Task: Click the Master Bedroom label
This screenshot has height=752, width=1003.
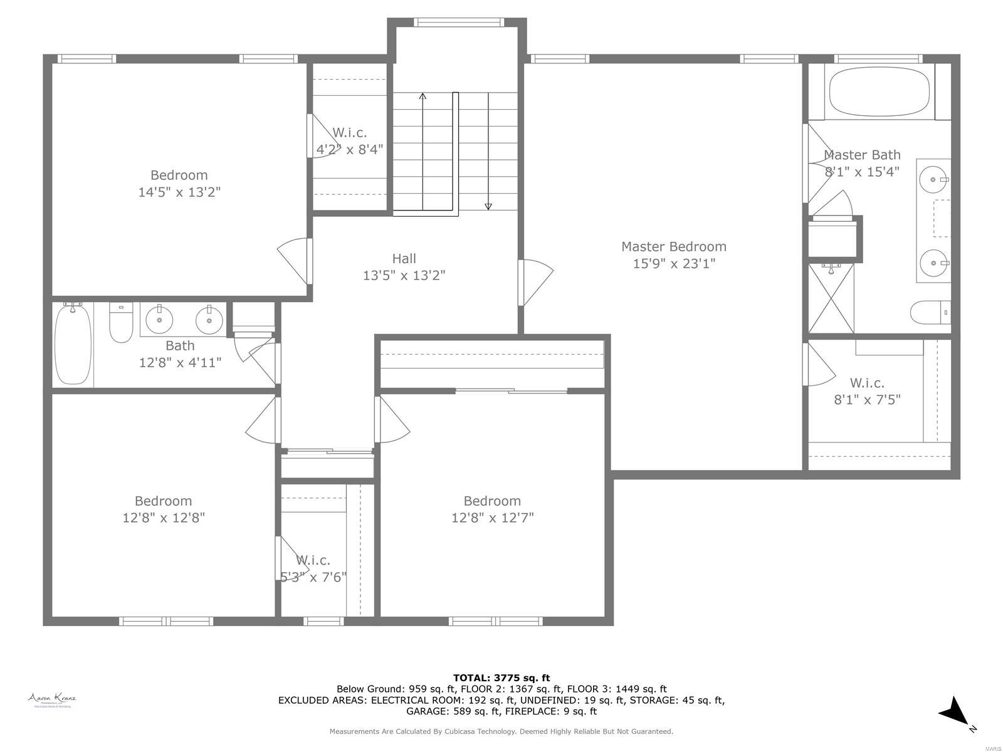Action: pos(673,246)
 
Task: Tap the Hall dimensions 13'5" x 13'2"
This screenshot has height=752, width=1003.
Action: pos(404,275)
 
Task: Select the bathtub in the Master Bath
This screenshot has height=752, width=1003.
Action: pos(880,92)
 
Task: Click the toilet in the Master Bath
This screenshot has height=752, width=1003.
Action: pos(930,311)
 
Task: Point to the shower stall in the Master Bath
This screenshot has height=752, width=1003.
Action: pos(831,298)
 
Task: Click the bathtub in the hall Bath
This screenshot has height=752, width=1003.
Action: pos(73,343)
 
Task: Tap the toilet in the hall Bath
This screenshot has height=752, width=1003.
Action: pos(121,323)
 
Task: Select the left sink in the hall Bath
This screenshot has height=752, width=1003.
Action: pos(160,320)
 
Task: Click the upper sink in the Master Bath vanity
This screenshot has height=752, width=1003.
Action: pos(934,179)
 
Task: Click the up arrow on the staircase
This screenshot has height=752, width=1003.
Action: pos(423,97)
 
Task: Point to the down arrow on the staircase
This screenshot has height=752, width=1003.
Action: pos(488,206)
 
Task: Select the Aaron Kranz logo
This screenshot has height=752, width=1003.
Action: pos(51,699)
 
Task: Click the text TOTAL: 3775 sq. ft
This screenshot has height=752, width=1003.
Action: pos(501,677)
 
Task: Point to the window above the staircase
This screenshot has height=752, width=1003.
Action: pos(459,23)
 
